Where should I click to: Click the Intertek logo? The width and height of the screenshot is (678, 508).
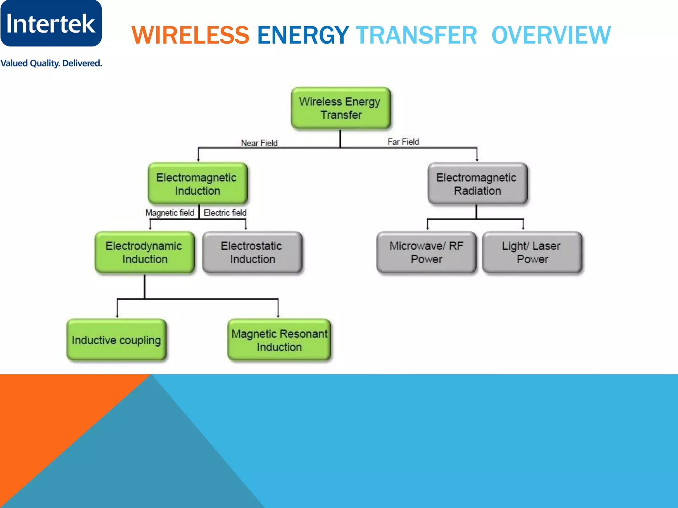(x=51, y=23)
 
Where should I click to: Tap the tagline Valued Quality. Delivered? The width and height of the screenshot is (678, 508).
(x=51, y=63)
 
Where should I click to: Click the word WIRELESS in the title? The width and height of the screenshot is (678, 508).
(x=190, y=35)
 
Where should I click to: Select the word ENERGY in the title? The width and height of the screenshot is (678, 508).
(x=303, y=35)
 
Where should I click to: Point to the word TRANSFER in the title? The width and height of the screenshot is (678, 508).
(x=416, y=35)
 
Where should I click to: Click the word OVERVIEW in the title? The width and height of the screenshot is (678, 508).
(x=551, y=35)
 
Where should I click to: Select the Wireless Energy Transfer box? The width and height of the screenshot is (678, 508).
(x=341, y=108)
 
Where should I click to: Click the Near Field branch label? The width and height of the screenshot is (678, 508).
(x=259, y=143)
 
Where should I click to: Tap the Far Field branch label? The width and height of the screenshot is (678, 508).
(x=403, y=142)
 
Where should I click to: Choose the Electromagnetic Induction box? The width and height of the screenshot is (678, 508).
(x=198, y=184)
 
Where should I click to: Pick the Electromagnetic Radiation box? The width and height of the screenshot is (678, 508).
(x=477, y=184)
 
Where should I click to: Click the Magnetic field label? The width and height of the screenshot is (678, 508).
(x=170, y=213)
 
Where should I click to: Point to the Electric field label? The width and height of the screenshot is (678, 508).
(x=225, y=213)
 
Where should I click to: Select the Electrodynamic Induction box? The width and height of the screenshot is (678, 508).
(x=144, y=252)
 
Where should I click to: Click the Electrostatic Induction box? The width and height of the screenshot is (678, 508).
(x=252, y=252)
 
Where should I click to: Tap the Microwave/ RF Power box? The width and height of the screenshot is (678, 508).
(x=426, y=252)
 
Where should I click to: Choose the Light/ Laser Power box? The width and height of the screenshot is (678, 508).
(x=532, y=252)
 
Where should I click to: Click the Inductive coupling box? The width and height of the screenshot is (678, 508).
(x=116, y=340)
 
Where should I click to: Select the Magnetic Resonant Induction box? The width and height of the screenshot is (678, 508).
(x=279, y=340)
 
